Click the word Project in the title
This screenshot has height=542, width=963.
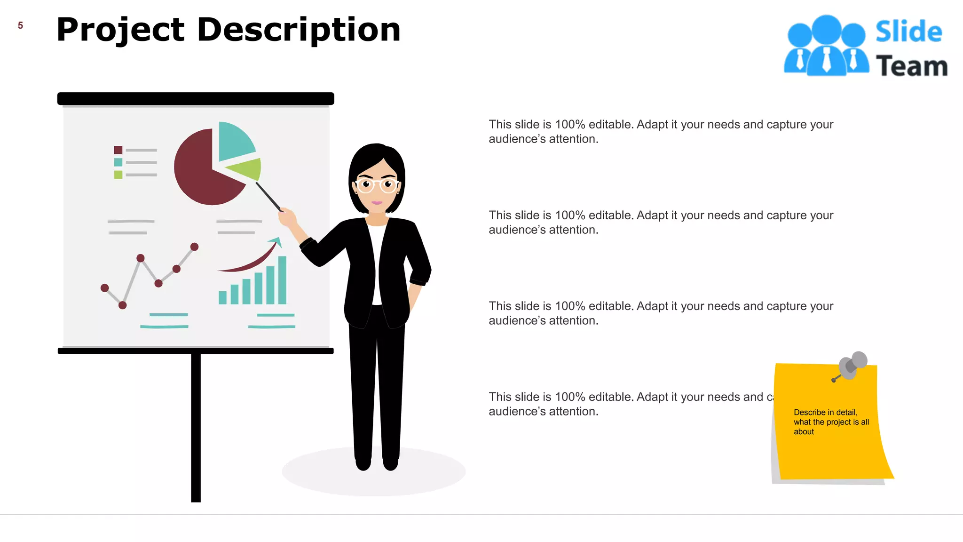tap(120, 30)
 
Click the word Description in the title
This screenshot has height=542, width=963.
tap(299, 30)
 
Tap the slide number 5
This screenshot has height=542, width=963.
tap(20, 25)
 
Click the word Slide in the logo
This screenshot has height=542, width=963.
tap(908, 32)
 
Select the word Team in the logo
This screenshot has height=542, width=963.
tap(911, 66)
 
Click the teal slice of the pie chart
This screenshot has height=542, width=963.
tap(234, 140)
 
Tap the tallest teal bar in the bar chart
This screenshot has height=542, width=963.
tap(282, 280)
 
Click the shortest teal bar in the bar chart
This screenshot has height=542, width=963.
tap(222, 297)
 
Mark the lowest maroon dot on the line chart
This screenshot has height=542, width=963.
tap(123, 305)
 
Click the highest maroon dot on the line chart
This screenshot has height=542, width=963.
tap(194, 247)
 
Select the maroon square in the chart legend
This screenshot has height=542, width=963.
tap(118, 150)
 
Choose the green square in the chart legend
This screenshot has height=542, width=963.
tap(118, 175)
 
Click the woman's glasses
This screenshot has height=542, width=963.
tap(377, 185)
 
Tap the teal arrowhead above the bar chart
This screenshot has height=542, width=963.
tap(276, 242)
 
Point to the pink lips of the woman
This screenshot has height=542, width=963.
tap(377, 203)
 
